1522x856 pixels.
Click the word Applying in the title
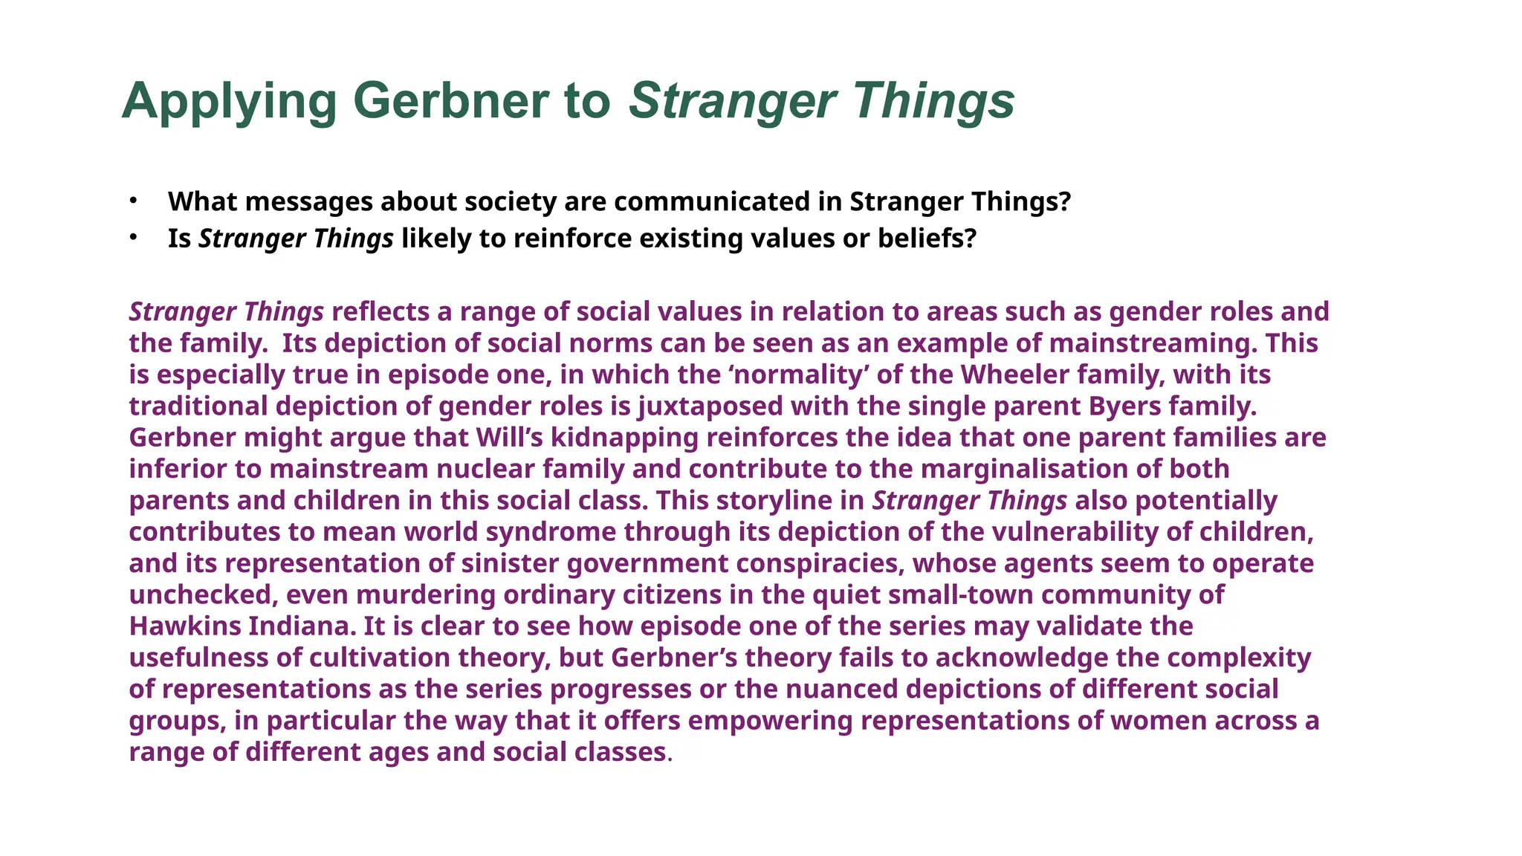229,102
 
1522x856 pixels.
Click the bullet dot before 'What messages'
133,200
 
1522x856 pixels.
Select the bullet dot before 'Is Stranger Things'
133,237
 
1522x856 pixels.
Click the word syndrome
551,532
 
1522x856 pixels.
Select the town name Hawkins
184,626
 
